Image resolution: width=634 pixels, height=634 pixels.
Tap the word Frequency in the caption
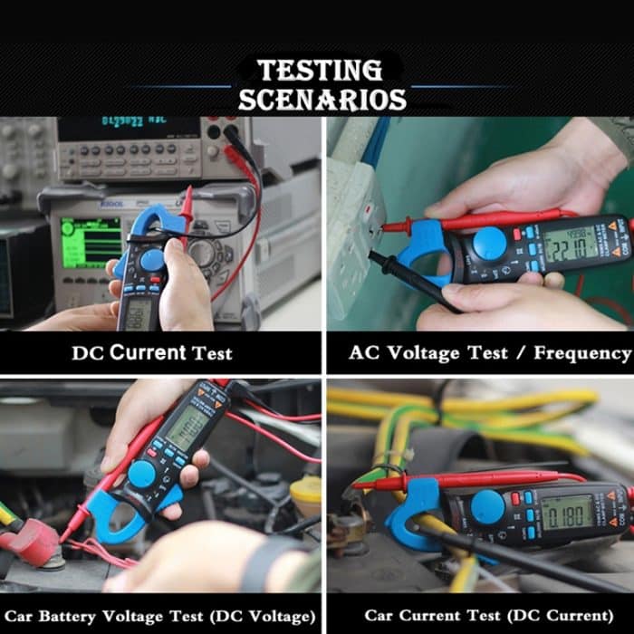coord(581,353)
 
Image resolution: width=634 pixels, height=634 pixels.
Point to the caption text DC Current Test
coord(151,353)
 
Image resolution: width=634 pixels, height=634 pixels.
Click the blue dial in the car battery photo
coord(142,474)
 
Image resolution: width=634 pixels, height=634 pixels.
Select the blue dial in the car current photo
coord(488,507)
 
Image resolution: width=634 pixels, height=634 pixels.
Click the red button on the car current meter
coord(516,498)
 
